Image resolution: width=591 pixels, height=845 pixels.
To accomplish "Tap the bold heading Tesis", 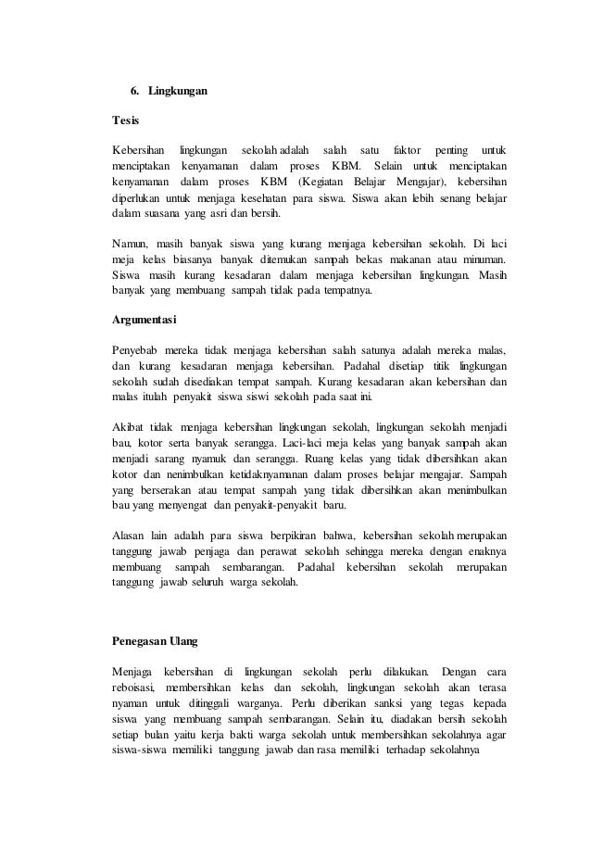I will point(123,121).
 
